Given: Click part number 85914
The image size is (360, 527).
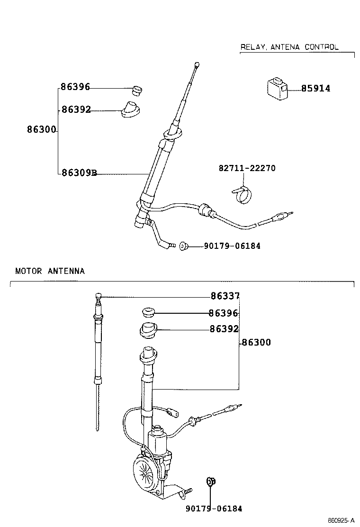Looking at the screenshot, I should tap(315, 89).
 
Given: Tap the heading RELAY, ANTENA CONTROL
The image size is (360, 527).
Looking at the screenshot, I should tap(289, 47).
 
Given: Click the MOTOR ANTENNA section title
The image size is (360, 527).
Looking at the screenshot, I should tap(50, 271).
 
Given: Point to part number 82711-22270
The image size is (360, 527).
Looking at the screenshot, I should tap(247, 168).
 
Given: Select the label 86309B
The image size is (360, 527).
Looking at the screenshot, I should tap(79, 173).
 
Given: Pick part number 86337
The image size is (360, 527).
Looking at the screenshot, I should tap(225, 296).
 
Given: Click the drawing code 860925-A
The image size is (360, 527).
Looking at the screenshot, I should tap(341, 520).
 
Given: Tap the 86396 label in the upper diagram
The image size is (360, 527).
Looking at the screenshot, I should tap(75, 87).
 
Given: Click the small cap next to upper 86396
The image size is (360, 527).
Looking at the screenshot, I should tap(137, 90).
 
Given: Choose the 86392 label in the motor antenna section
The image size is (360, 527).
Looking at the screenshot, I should tap(224, 329).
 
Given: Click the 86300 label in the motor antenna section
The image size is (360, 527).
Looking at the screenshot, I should tap(256, 342).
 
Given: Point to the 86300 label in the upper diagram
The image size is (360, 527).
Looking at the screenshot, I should tap(42, 130).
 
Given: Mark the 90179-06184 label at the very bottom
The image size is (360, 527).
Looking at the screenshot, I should tap(214, 509).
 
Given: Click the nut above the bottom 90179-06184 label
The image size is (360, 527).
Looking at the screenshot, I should tap(211, 482).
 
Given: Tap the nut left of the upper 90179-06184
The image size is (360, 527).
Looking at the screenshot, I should tap(183, 245).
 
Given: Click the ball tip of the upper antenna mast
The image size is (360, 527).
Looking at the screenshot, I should tap(197, 64).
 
